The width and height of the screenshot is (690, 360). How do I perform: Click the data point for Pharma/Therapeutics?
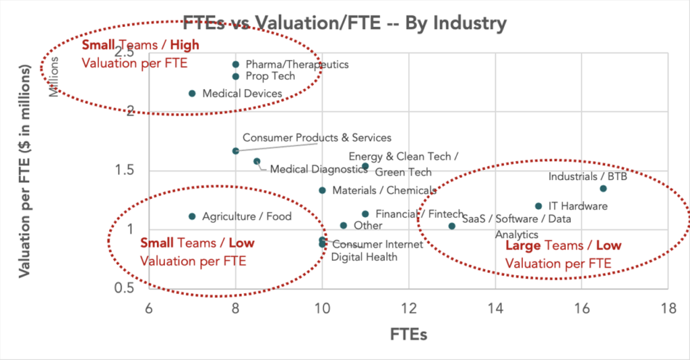(x=235, y=65)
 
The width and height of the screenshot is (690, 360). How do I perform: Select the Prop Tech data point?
(x=235, y=76)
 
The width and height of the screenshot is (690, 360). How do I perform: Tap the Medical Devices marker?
(x=192, y=94)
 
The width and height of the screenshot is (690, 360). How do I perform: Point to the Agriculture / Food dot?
(x=192, y=216)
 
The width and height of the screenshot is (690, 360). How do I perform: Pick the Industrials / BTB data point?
(x=603, y=189)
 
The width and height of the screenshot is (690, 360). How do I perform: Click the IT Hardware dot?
(x=538, y=206)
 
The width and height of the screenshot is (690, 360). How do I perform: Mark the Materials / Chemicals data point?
(x=322, y=191)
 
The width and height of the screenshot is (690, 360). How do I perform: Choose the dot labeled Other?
(x=344, y=226)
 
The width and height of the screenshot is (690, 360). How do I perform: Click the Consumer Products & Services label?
(x=317, y=138)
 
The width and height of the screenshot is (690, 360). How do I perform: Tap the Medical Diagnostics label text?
(x=318, y=169)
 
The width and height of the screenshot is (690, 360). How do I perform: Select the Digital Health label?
(x=364, y=257)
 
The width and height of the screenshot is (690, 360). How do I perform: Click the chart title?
(x=344, y=24)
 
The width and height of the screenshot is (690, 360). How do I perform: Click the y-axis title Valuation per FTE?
(x=26, y=172)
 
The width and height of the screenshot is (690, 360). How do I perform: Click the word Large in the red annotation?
(x=523, y=246)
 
